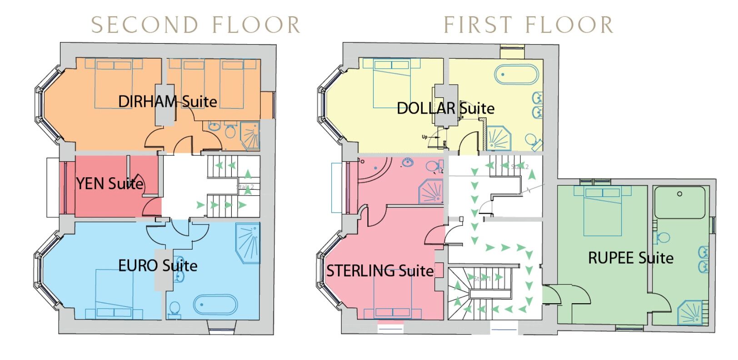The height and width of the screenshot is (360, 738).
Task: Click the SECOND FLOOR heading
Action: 195,25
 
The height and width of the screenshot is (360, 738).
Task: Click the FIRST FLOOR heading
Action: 528,25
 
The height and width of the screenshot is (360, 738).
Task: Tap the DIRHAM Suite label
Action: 167,101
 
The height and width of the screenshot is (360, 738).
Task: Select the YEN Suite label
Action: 110,184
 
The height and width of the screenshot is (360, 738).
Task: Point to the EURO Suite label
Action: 158,265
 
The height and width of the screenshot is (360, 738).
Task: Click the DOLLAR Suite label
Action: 445,108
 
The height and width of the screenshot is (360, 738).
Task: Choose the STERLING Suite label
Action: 380,271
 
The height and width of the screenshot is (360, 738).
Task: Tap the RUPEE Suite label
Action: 631,258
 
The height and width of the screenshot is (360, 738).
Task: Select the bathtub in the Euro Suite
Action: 215,305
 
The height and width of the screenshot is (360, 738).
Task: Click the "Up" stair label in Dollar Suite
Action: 424,137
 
